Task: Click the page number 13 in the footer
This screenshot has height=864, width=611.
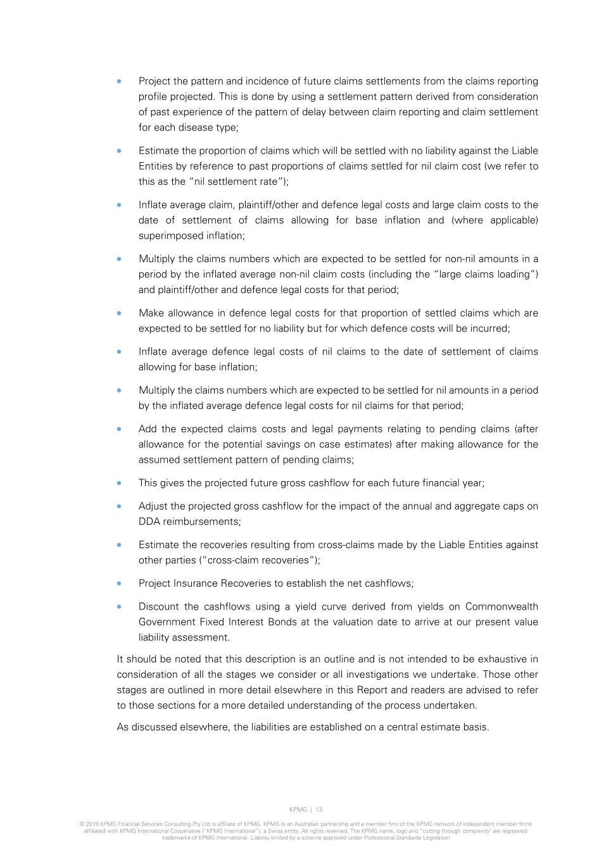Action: coord(318,810)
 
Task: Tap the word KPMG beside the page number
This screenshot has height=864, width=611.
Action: coord(298,810)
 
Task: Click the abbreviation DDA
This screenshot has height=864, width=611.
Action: coord(149,522)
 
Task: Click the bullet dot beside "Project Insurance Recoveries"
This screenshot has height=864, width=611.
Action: coord(118,584)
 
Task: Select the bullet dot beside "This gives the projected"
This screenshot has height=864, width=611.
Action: coord(118,483)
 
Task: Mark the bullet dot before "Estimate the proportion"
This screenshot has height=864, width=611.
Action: coord(118,151)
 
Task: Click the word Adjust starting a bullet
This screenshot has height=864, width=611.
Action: coord(153,506)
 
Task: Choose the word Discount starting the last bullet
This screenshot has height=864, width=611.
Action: coord(159,606)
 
